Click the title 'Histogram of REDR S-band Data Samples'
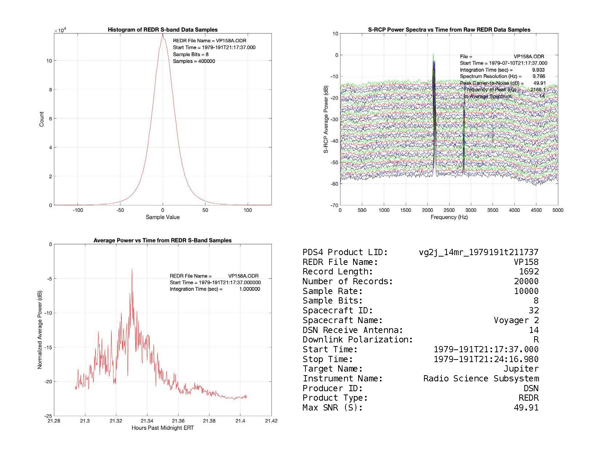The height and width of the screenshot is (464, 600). click(x=163, y=30)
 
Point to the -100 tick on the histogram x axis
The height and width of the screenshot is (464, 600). click(x=78, y=210)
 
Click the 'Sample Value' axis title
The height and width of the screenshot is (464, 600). click(x=163, y=217)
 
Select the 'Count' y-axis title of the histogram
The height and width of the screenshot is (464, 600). click(x=41, y=119)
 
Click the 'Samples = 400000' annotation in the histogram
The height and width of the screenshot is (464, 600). click(x=194, y=61)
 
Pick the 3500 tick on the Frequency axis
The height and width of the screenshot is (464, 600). click(x=492, y=210)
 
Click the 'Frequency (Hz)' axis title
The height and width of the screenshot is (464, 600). click(x=449, y=217)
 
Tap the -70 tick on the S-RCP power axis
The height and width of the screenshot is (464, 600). click(x=334, y=205)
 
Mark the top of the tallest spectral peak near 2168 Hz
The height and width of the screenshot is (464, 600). click(x=433, y=55)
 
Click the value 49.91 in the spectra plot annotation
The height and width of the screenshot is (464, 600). click(x=539, y=83)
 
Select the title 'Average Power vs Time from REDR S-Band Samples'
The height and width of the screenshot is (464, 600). click(x=163, y=241)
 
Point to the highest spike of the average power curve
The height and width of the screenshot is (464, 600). click(x=132, y=270)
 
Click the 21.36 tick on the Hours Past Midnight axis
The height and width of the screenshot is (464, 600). click(x=178, y=421)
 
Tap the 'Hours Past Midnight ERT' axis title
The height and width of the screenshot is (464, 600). click(x=163, y=428)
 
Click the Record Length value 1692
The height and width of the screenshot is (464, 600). click(x=529, y=272)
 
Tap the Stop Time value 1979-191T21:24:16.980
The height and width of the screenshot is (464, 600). click(x=486, y=360)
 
